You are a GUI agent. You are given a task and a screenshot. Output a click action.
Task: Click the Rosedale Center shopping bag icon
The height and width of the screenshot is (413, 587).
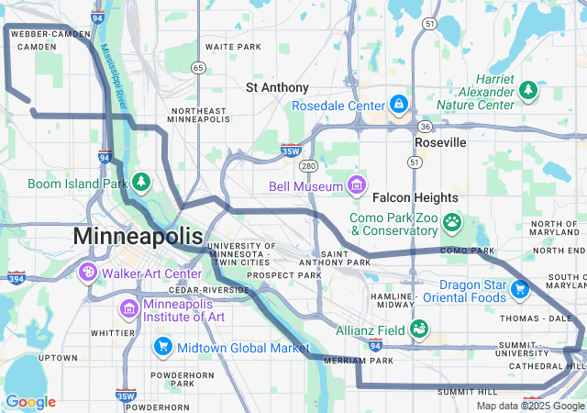click(398, 106)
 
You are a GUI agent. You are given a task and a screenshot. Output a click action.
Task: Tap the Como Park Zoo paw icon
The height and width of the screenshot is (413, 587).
click(452, 222)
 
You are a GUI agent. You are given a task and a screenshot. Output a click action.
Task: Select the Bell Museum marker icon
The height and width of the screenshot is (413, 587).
click(356, 186)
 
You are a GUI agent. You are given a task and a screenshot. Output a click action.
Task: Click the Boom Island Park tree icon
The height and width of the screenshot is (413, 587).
click(141, 183)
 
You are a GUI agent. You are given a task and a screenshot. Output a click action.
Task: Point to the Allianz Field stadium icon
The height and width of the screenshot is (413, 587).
click(419, 328)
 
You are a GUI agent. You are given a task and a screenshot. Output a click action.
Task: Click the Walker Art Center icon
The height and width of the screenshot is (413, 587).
click(88, 273)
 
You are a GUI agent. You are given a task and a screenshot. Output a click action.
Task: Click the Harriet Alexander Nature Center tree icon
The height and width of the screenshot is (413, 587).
click(527, 90)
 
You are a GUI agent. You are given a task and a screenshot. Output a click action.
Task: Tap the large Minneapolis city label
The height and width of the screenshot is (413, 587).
click(138, 236)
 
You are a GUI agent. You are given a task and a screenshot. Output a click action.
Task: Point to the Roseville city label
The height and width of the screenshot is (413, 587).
click(440, 143)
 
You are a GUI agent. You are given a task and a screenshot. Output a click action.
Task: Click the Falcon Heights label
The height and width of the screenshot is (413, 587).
click(415, 197)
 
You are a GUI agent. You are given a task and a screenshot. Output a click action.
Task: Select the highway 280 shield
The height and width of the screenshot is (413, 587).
click(308, 166)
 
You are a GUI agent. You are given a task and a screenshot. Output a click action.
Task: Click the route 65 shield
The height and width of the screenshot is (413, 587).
click(198, 67)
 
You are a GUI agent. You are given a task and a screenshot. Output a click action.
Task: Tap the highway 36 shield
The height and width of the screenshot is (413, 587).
click(424, 127)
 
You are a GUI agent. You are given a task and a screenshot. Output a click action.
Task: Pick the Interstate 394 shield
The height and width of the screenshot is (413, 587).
click(16, 277)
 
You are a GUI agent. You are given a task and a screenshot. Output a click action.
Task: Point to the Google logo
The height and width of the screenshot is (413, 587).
click(30, 401)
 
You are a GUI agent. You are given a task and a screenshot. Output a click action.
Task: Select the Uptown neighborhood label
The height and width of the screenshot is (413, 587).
click(57, 357)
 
